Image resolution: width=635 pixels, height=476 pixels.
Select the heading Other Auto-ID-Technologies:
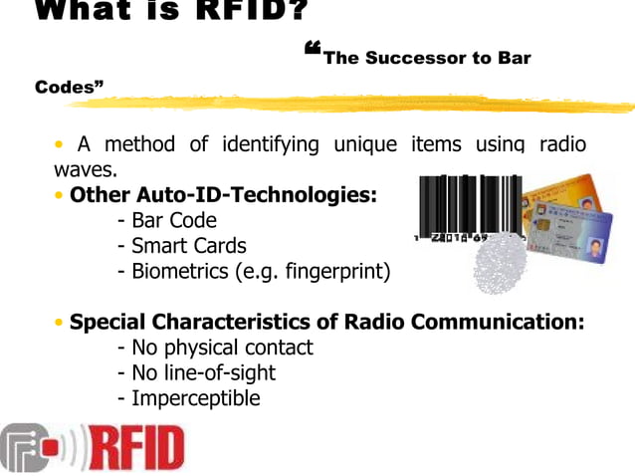223,195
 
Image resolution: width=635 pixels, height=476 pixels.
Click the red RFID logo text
137,449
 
